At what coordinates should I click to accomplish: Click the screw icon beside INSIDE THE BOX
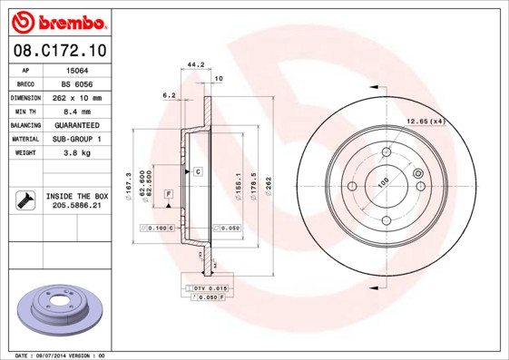24,200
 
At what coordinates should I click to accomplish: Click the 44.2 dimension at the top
192,64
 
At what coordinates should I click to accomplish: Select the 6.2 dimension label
168,94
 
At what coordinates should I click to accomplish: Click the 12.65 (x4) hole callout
424,121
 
